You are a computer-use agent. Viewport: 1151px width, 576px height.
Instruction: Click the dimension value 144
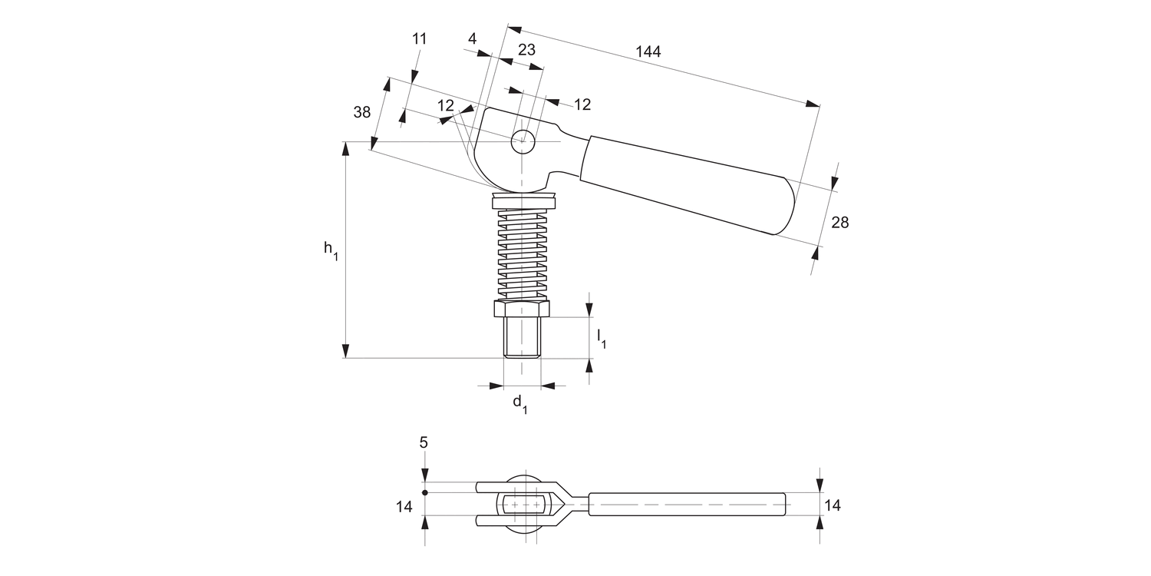point(648,51)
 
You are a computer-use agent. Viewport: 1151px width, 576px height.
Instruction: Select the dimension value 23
point(526,50)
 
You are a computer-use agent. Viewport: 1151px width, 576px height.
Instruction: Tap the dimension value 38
point(362,112)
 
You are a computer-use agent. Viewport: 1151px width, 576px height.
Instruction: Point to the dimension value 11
point(419,38)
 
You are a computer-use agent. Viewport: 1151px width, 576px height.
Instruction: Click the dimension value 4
point(472,38)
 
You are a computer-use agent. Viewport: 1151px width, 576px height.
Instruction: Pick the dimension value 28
point(840,222)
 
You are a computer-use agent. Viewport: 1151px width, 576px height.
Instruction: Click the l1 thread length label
point(602,337)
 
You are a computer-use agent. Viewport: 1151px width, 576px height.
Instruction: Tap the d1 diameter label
point(519,403)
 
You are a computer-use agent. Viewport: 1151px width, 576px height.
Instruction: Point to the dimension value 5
point(424,442)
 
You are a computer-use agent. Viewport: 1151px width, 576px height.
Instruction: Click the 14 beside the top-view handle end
point(832,505)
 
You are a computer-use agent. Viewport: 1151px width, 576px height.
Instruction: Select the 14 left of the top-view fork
point(404,506)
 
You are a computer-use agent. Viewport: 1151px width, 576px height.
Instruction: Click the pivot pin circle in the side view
point(523,141)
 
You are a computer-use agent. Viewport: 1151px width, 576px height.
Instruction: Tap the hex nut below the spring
point(522,309)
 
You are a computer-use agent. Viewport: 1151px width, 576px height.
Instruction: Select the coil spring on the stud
point(522,253)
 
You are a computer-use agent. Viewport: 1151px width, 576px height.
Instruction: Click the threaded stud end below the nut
point(522,338)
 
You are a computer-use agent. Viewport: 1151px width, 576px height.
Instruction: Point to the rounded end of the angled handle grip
point(787,207)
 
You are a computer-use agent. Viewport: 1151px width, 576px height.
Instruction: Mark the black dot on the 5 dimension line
point(424,492)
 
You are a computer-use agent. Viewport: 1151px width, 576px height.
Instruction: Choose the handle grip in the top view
point(687,505)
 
